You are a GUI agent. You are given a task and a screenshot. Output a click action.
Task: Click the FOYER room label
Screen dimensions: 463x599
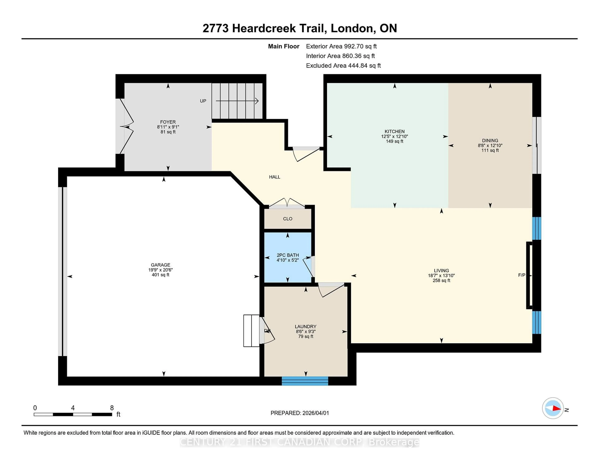click(168, 122)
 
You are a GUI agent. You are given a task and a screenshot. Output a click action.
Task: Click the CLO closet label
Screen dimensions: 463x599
click(287, 219)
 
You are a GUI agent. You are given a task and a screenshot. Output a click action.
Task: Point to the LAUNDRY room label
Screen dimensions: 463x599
click(306, 326)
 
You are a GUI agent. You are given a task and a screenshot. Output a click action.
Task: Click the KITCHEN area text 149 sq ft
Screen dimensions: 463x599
click(394, 141)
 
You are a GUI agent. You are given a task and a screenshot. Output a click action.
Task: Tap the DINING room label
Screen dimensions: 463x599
click(490, 140)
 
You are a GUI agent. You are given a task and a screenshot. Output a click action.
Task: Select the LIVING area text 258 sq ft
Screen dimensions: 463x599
click(441, 280)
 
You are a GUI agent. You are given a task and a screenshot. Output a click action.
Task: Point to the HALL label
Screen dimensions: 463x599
click(275, 177)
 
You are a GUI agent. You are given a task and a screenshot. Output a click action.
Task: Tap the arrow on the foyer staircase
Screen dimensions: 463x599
click(237, 101)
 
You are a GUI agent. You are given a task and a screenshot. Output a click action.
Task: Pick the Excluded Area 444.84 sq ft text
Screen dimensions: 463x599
click(343, 66)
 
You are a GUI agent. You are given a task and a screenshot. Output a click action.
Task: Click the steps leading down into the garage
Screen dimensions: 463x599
click(251, 331)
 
